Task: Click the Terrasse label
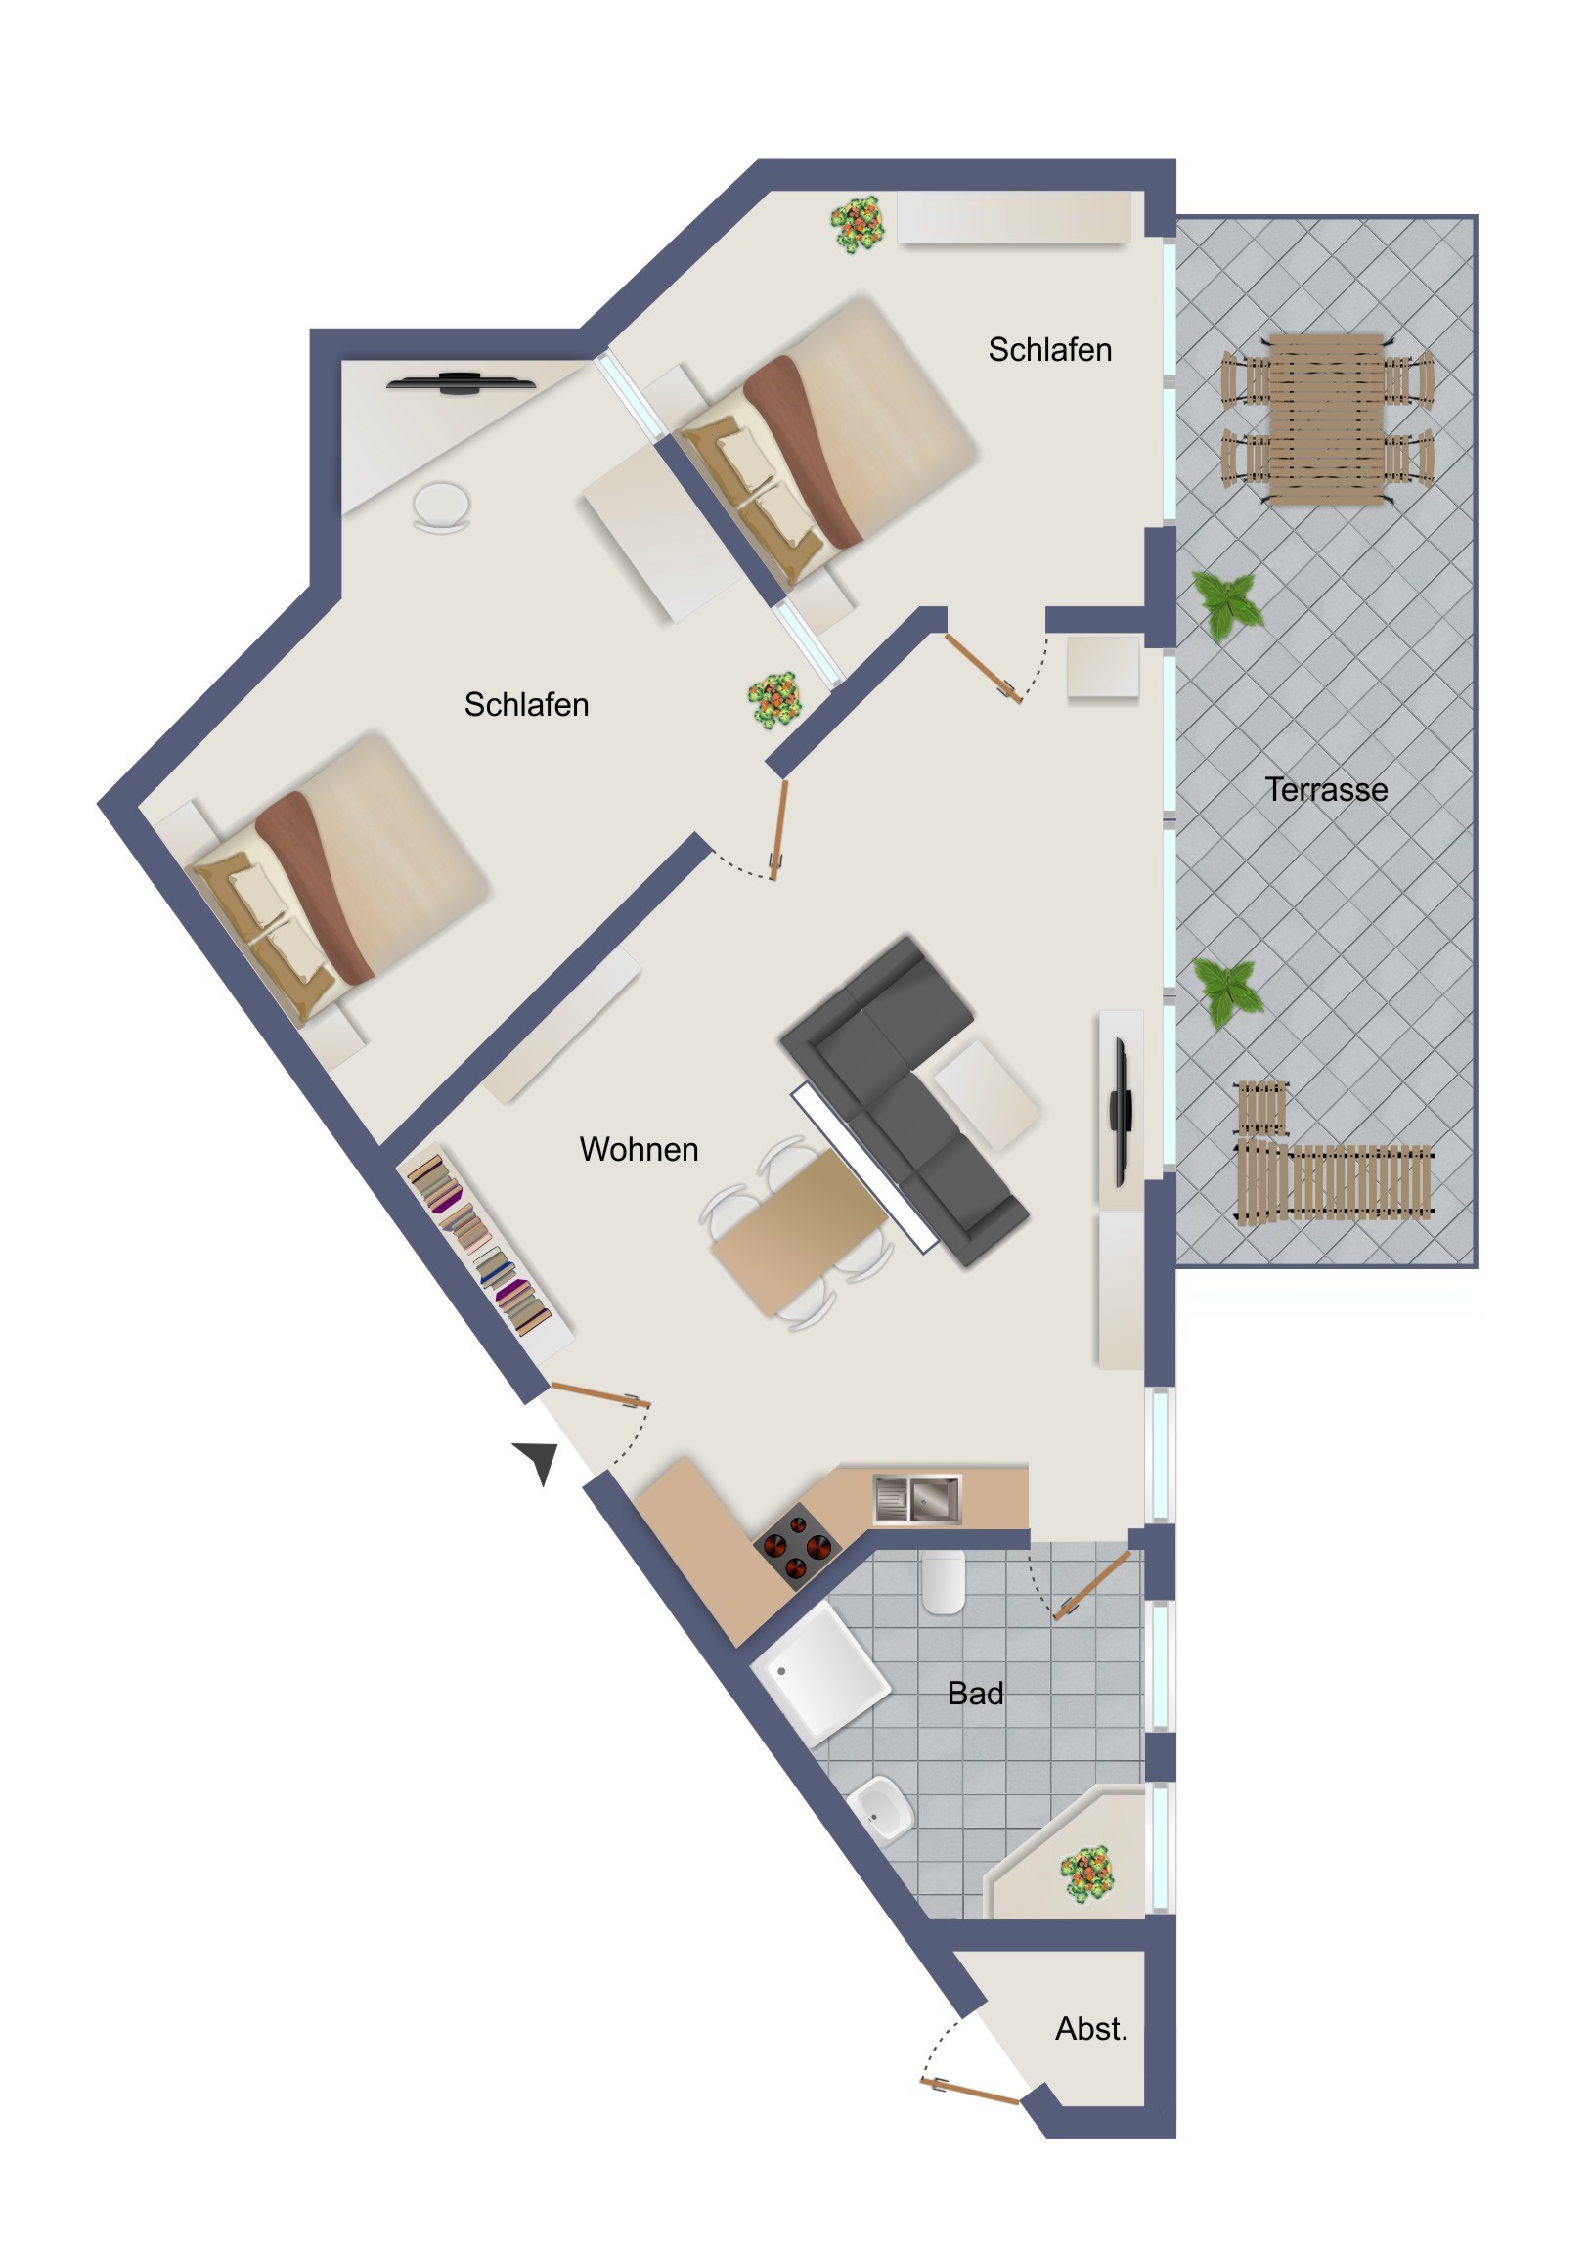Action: [x=1326, y=789]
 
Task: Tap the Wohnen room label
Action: [x=639, y=1149]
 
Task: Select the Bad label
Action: [x=975, y=1693]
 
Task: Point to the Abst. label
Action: [x=1091, y=2029]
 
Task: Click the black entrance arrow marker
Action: [x=538, y=1461]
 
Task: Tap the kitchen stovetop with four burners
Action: [x=797, y=1545]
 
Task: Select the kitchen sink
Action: [x=917, y=1498]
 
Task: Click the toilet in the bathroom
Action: [x=944, y=1581]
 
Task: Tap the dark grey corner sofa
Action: [x=904, y=1101]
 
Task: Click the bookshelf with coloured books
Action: [x=485, y=1251]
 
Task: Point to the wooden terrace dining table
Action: [x=1328, y=419]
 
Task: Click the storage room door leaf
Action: [x=970, y=2091]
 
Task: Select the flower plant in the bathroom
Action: [x=1087, y=1874]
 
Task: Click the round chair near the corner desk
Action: [x=442, y=507]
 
